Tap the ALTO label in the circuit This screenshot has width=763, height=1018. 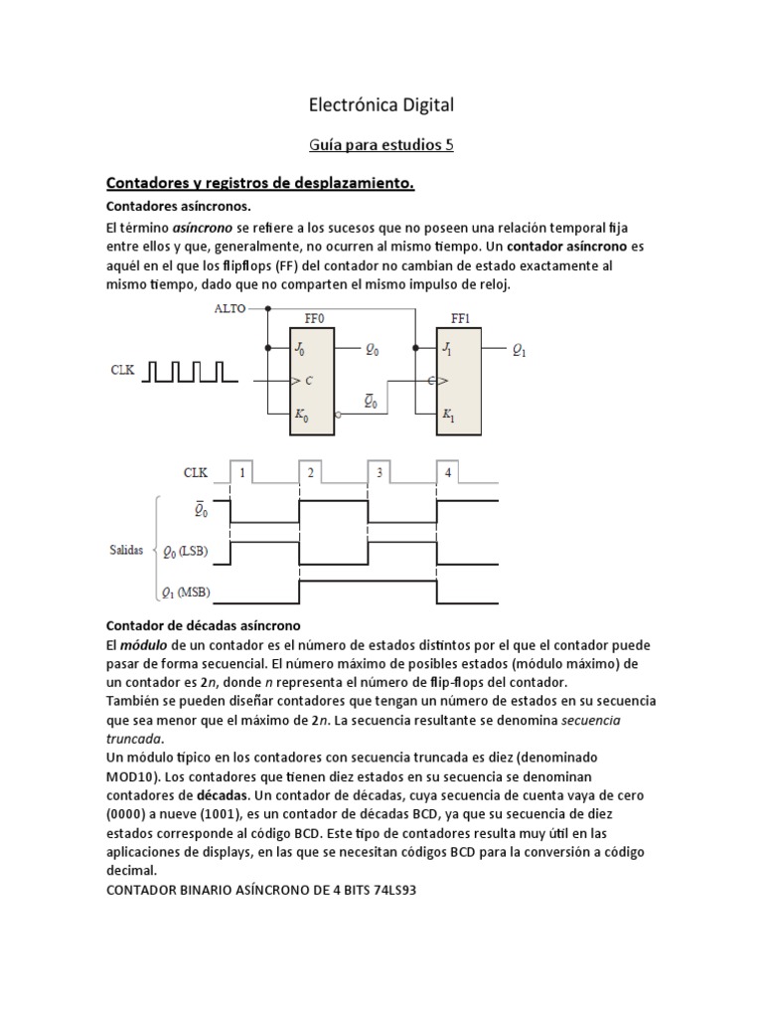coord(231,309)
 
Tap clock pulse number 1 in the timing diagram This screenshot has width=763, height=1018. coord(241,473)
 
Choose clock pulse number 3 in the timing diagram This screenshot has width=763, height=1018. coord(380,473)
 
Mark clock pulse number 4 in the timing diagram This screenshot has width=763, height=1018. coord(448,473)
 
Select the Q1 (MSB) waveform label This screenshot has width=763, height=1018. coord(192,594)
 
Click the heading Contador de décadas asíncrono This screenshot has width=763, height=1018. coord(197,625)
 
